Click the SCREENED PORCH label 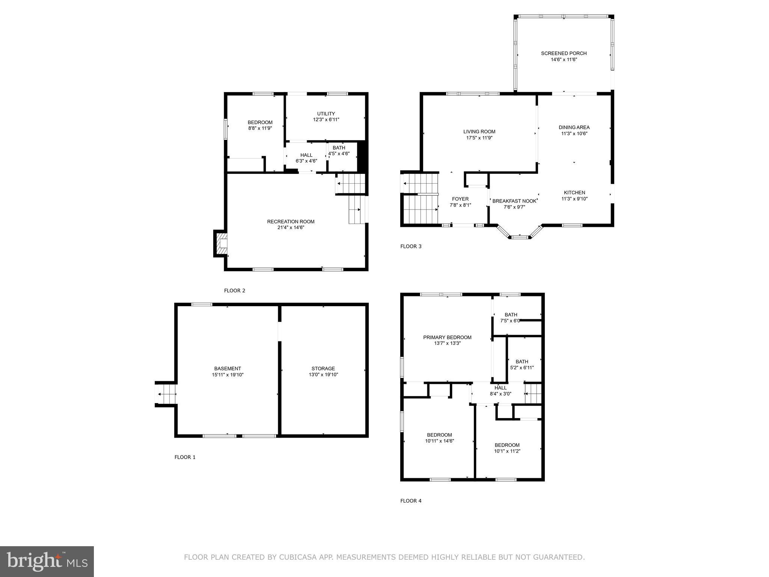563,53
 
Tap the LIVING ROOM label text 479,132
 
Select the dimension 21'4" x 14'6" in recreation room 291,228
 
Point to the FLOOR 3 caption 411,246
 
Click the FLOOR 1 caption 185,457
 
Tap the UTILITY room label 326,114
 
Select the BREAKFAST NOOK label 514,201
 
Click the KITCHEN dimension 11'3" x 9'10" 574,199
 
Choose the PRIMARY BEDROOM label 447,337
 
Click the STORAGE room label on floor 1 323,369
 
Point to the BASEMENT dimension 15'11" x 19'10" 228,375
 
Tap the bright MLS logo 47,561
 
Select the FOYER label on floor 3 460,199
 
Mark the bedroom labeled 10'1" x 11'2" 507,448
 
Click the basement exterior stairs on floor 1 166,394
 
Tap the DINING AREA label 574,127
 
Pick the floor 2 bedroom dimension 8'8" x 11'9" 260,128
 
